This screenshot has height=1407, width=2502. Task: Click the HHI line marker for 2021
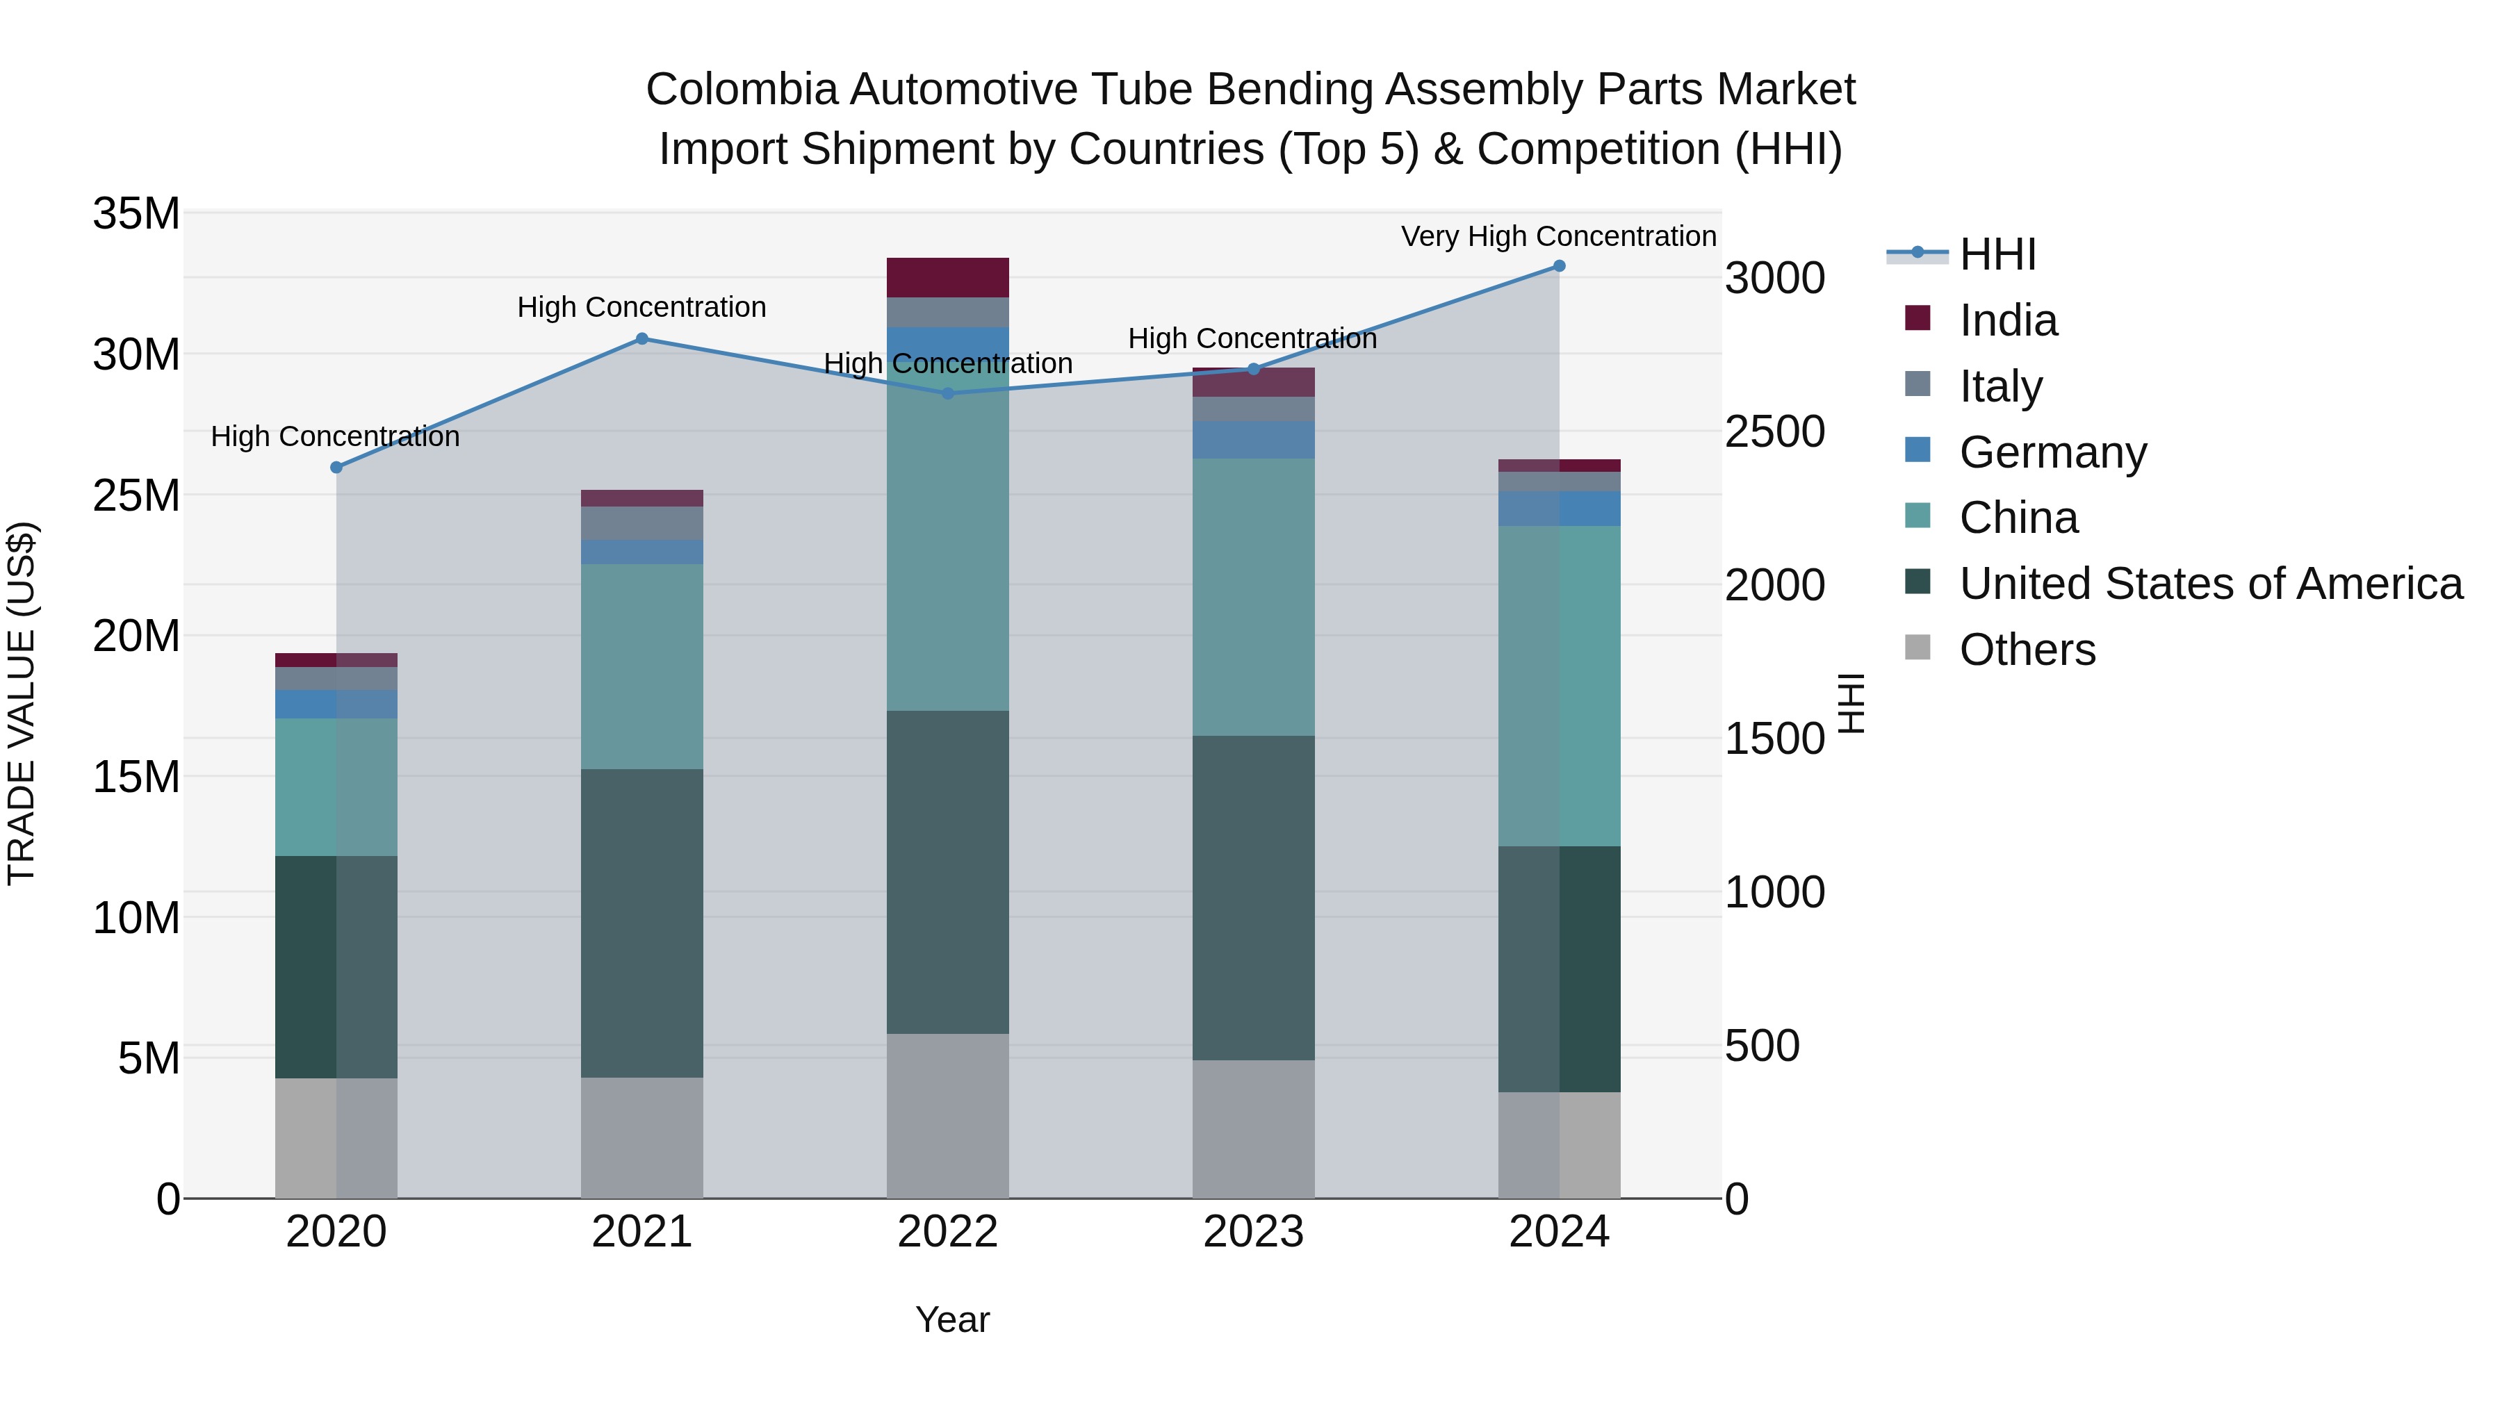point(642,339)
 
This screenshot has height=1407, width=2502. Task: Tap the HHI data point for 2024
point(1559,266)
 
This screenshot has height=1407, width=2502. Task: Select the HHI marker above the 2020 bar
point(337,467)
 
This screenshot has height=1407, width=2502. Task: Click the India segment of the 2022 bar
point(947,278)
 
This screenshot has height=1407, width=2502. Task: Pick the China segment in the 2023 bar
point(1253,596)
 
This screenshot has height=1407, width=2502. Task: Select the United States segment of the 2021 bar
point(642,923)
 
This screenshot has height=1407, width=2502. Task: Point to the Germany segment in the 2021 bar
point(642,552)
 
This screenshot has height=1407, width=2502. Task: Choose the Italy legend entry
point(2001,386)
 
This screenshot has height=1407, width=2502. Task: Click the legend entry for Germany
point(2052,452)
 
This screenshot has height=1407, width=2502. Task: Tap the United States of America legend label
point(2211,584)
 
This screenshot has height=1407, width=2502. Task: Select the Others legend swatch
point(1918,648)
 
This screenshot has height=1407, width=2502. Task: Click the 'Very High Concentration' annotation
point(1558,236)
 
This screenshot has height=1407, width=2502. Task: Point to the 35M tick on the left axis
point(136,213)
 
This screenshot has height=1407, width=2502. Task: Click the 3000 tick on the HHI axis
point(1774,279)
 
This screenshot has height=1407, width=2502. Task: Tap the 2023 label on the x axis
point(1253,1232)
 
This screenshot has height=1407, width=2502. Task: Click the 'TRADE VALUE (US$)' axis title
point(22,703)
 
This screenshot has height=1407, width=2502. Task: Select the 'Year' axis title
point(952,1319)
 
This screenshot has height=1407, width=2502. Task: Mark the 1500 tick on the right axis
point(1774,739)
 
